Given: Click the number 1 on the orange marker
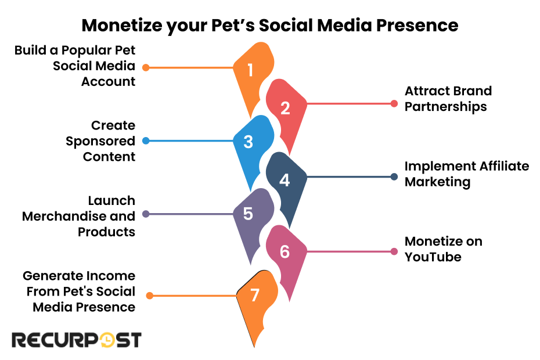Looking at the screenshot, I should (250, 71).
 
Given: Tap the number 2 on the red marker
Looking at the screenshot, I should (285, 108).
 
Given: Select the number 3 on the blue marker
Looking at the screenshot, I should (248, 142).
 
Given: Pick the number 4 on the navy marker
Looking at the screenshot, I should (285, 180).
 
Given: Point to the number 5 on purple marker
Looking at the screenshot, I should (248, 214).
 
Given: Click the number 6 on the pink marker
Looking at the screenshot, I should (285, 252).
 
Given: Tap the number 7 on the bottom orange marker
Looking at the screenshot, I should (254, 296).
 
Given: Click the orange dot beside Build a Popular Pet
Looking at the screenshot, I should (146, 67).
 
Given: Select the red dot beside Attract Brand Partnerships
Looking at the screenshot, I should (394, 104).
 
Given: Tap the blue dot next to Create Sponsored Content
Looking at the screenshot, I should (146, 141).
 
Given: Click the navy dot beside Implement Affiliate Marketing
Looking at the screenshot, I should (394, 177).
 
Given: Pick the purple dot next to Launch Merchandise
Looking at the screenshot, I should (146, 214).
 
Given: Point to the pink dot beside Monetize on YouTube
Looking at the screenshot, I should (394, 251).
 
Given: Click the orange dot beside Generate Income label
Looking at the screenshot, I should (149, 296).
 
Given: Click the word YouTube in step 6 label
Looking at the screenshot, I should (433, 257).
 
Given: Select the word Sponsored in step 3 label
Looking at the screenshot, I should (100, 141).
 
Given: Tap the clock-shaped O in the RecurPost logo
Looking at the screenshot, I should (107, 340).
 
